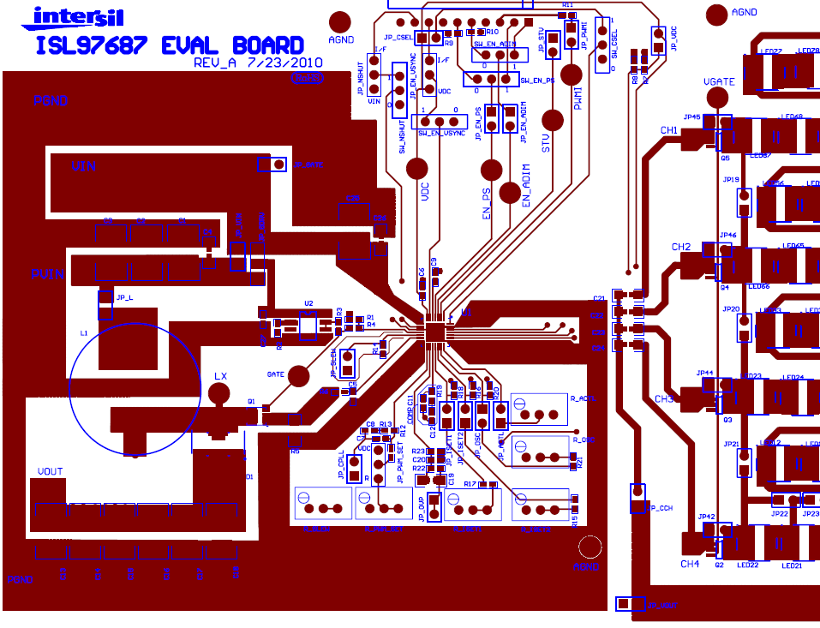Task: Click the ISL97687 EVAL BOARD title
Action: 170,45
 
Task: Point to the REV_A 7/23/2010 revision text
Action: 257,63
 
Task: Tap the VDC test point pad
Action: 417,169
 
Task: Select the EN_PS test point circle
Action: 492,170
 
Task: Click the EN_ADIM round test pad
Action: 511,192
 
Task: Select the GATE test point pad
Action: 298,375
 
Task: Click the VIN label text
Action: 84,166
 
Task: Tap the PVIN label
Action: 48,274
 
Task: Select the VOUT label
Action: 50,472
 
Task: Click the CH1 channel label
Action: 669,130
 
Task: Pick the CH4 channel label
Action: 690,564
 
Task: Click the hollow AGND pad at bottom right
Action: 590,547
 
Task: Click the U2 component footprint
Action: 308,324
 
